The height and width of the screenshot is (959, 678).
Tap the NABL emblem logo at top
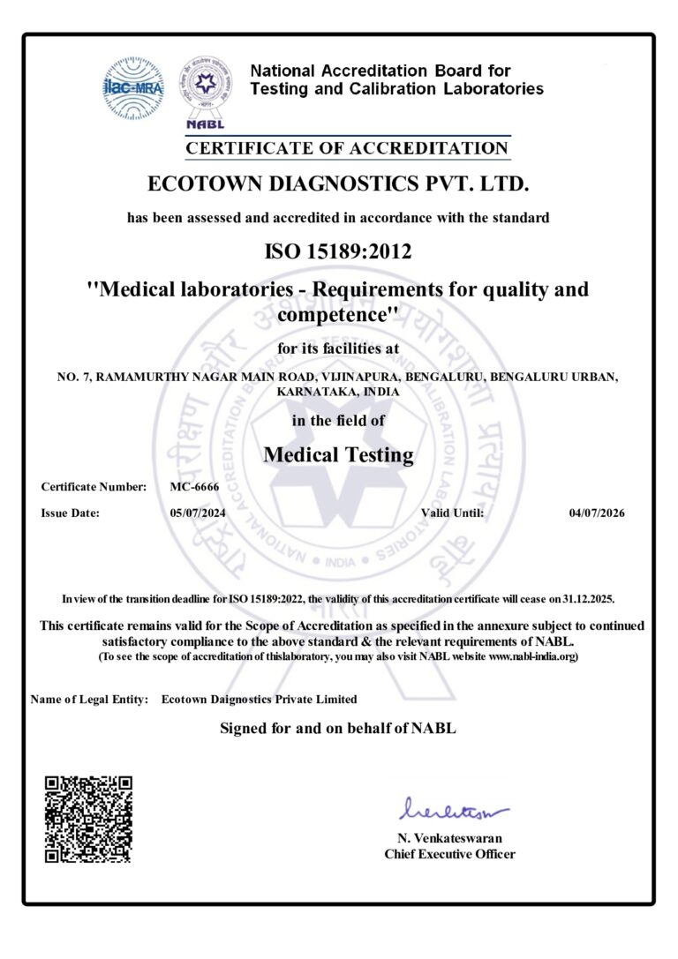click(x=207, y=88)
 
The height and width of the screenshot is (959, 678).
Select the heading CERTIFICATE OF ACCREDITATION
click(x=347, y=148)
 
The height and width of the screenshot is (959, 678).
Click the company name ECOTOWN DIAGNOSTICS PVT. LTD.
click(x=339, y=185)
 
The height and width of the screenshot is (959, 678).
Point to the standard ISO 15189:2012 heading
click(x=338, y=252)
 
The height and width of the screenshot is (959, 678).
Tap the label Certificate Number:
click(x=94, y=487)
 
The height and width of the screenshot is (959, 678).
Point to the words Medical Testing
click(x=339, y=455)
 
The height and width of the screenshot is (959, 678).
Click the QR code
click(x=88, y=819)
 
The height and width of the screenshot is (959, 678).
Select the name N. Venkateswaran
click(x=449, y=838)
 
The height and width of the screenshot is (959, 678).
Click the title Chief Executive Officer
click(x=449, y=854)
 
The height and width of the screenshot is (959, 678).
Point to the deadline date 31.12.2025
click(x=585, y=598)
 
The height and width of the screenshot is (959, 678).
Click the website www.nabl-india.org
click(x=532, y=657)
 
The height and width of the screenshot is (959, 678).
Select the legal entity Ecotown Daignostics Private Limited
click(x=260, y=700)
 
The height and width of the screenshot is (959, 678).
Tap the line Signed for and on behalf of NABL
click(x=337, y=728)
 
